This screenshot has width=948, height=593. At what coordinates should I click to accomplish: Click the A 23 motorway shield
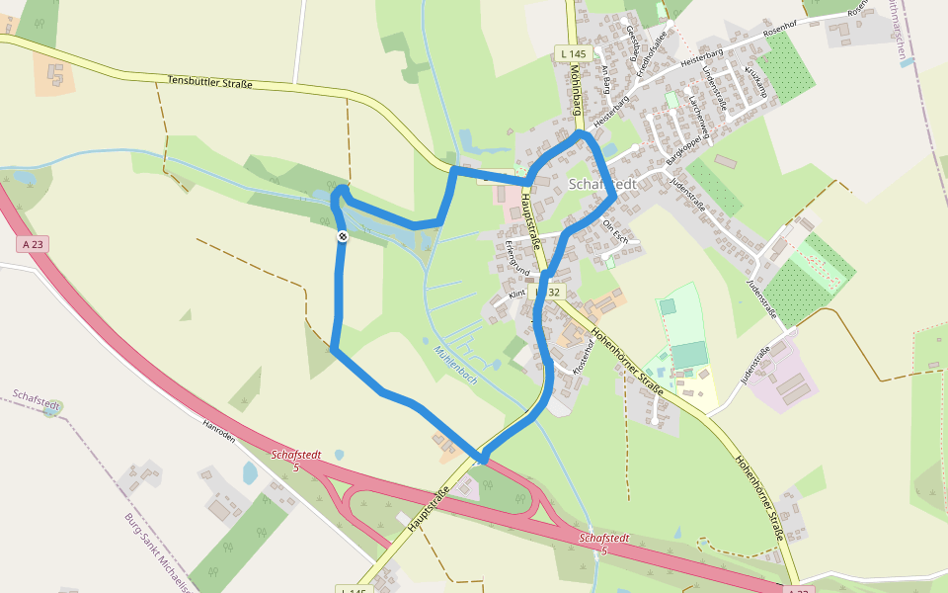[x=32, y=243]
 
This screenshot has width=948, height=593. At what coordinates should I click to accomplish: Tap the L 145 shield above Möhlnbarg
[x=572, y=53]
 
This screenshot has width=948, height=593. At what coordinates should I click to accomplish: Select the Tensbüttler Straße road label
[x=209, y=83]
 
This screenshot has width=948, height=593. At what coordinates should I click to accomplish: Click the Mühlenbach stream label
[x=455, y=365]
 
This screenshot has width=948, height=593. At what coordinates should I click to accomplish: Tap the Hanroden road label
[x=218, y=430]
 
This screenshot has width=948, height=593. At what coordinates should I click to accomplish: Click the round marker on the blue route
[x=342, y=236]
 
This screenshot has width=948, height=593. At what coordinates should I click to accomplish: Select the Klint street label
[x=517, y=295]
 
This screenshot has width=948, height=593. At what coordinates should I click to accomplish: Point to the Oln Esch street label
[x=614, y=232]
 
